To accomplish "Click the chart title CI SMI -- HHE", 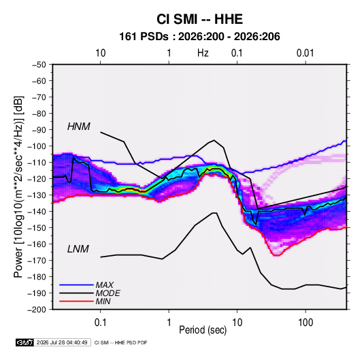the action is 199,19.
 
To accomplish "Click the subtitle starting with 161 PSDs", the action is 199,37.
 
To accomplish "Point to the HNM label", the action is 79,127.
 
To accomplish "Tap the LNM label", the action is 78,249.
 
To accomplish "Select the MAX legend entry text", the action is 105,285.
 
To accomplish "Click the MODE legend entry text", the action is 107,293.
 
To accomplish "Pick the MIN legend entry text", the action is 103,301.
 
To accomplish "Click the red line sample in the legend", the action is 76,301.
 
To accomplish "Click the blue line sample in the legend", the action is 76,285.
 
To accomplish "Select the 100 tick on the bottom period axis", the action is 305,323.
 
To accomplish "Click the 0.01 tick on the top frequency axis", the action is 305,53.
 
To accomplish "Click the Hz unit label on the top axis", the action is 203,53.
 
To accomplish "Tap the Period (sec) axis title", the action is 203,330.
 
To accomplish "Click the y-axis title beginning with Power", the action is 18,187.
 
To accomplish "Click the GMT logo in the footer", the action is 25,342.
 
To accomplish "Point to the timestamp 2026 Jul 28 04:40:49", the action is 62,342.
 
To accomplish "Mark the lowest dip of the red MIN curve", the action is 277,255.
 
